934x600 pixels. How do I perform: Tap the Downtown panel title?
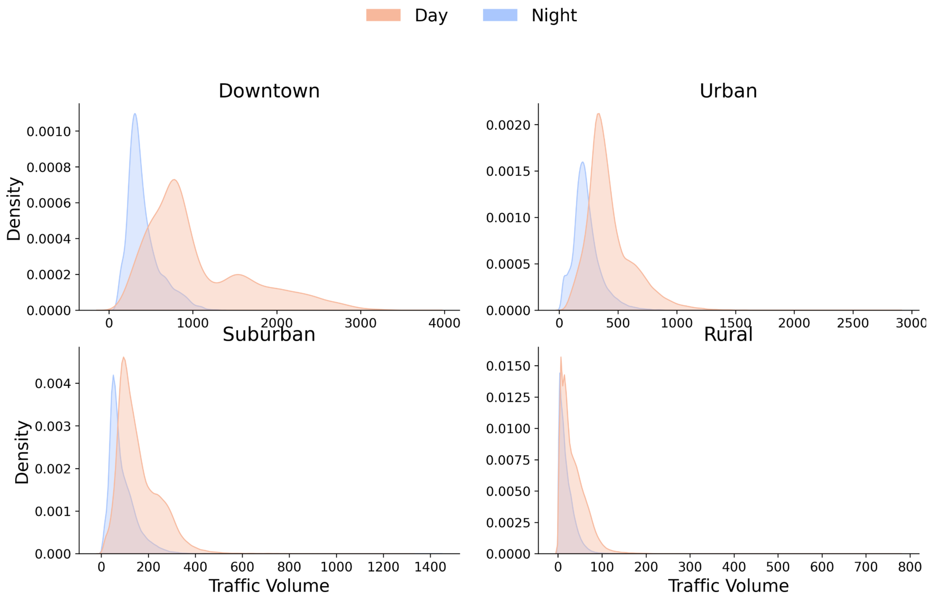(269, 91)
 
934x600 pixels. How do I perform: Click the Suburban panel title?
(269, 334)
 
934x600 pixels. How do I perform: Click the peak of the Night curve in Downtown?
(135, 114)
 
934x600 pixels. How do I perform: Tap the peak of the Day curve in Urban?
(598, 114)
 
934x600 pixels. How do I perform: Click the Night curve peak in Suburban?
(113, 375)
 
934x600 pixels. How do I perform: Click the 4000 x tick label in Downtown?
(444, 323)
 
